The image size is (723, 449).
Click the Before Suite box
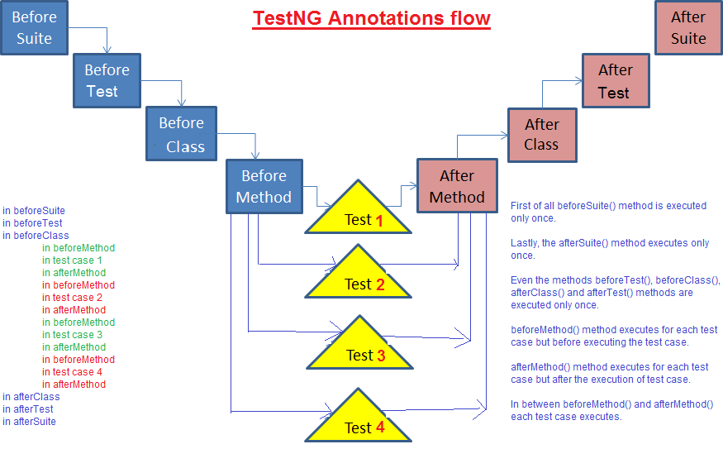pyautogui.click(x=34, y=27)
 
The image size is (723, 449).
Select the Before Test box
pyautogui.click(x=107, y=81)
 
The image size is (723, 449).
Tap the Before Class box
pyautogui.click(x=181, y=134)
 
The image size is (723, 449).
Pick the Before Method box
pyautogui.click(x=264, y=186)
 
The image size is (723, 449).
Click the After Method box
pyautogui.click(x=457, y=186)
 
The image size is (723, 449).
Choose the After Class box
pyautogui.click(x=542, y=136)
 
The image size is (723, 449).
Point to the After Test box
pyautogui.click(x=616, y=81)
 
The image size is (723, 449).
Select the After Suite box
pyautogui.click(x=689, y=27)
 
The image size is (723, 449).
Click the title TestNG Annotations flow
pyautogui.click(x=371, y=18)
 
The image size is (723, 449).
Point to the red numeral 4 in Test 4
pyautogui.click(x=380, y=428)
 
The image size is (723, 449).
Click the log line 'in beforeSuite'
pyautogui.click(x=34, y=211)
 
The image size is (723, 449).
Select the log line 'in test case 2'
pyautogui.click(x=72, y=298)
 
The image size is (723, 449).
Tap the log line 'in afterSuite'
pyautogui.click(x=29, y=422)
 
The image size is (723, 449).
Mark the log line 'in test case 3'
pyautogui.click(x=72, y=335)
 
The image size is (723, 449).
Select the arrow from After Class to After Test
pyautogui.click(x=543, y=81)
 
